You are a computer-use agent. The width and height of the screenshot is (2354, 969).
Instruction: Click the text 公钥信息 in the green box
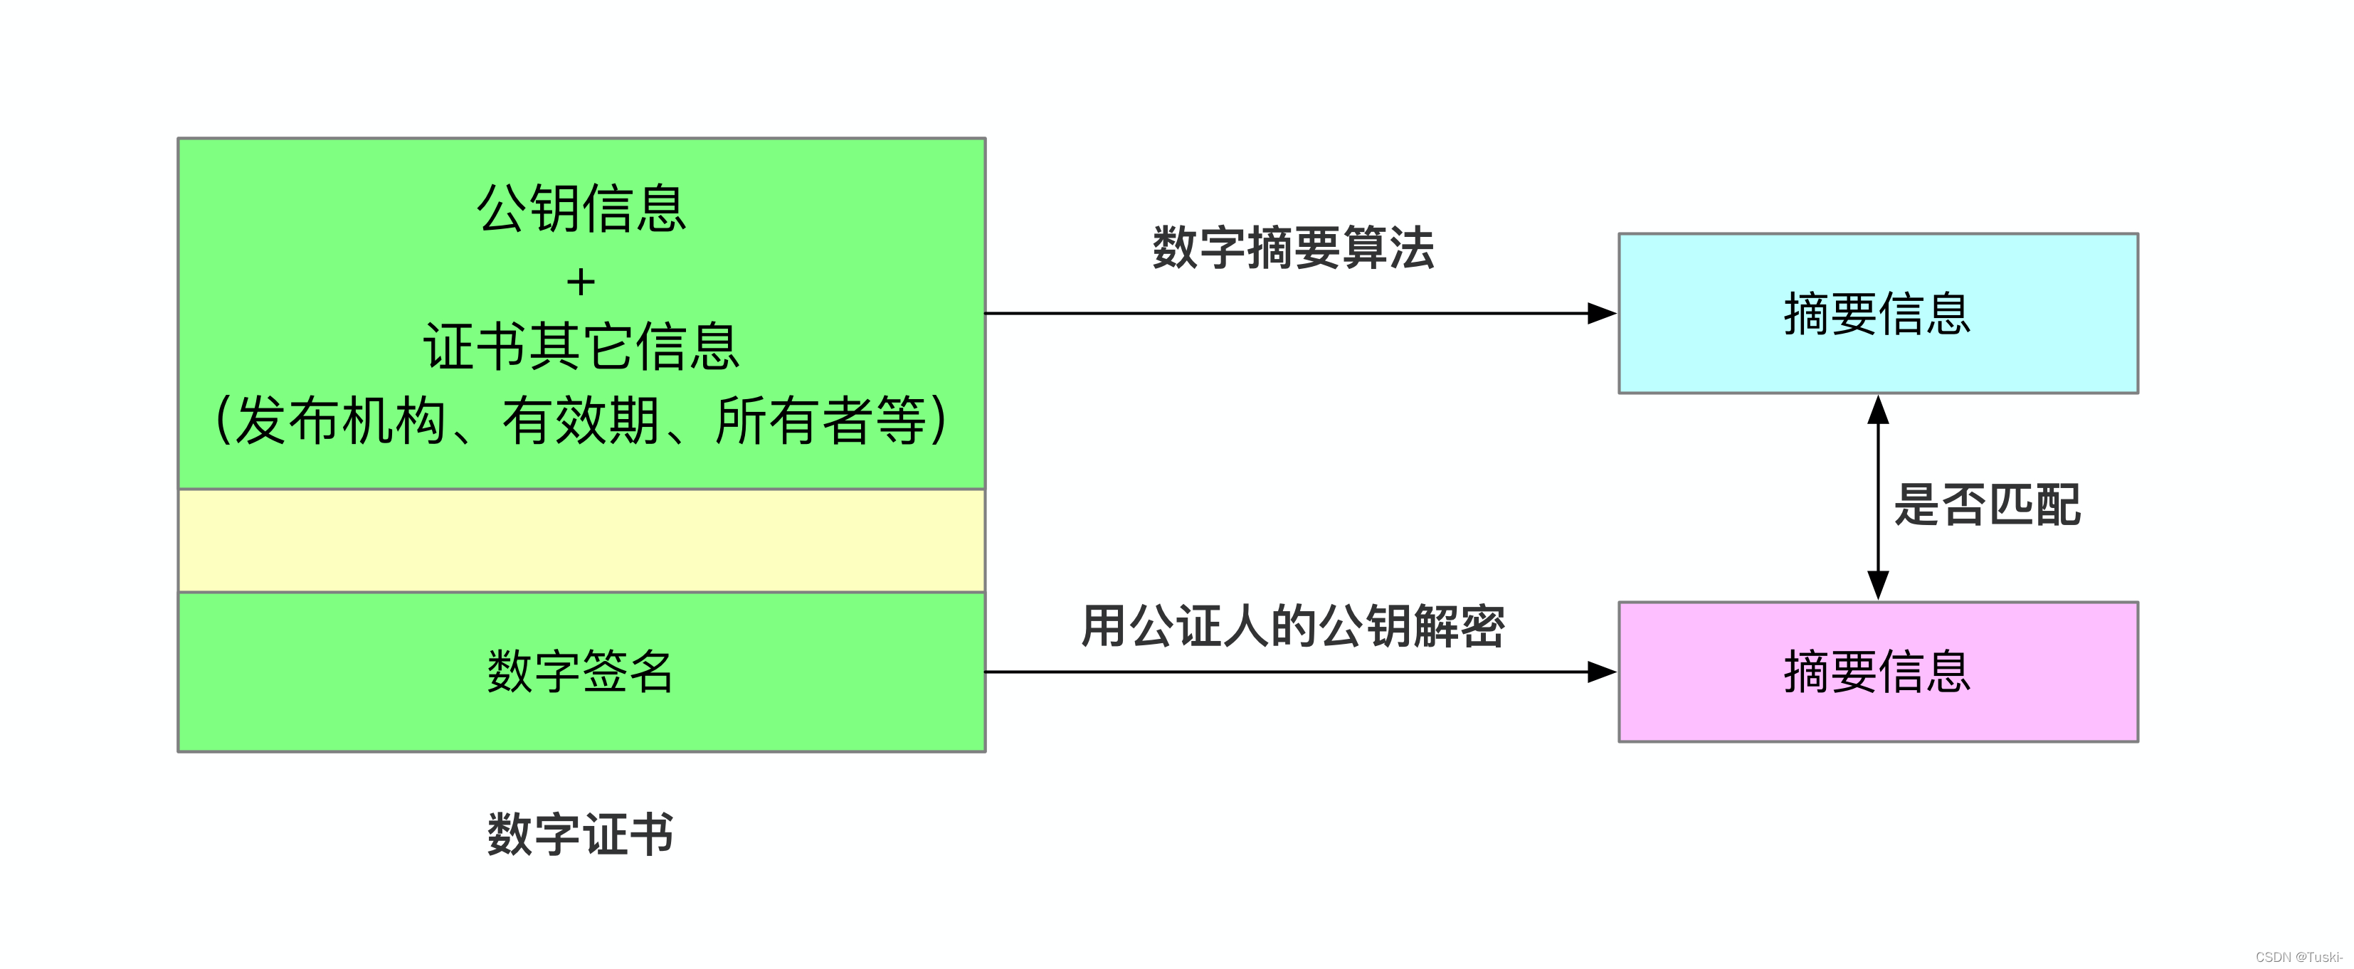581,208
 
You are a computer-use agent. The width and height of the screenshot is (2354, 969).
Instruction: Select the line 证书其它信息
581,347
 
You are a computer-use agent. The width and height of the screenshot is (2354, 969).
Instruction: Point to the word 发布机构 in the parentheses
340,421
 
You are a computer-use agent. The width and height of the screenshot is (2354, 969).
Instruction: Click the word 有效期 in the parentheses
581,421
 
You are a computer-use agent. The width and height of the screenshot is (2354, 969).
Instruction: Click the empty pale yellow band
581,541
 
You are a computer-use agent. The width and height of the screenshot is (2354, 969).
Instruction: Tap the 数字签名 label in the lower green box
581,672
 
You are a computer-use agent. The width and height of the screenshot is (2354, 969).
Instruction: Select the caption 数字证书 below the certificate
581,834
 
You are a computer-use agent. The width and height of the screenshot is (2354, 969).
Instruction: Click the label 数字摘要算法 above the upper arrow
1293,248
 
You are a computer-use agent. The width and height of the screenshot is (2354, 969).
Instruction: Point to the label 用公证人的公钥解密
1292,627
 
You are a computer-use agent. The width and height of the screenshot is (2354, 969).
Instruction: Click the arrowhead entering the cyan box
1601,313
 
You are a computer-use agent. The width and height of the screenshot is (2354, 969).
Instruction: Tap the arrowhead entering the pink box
1601,672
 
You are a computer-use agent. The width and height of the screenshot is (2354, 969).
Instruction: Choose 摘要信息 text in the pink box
1878,672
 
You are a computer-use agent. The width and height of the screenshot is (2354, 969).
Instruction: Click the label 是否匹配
1988,504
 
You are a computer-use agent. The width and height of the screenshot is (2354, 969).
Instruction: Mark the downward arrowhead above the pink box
1878,585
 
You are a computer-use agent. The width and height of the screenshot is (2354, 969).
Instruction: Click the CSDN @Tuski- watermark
2298,956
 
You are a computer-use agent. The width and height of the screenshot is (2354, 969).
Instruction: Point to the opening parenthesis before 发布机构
221,421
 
